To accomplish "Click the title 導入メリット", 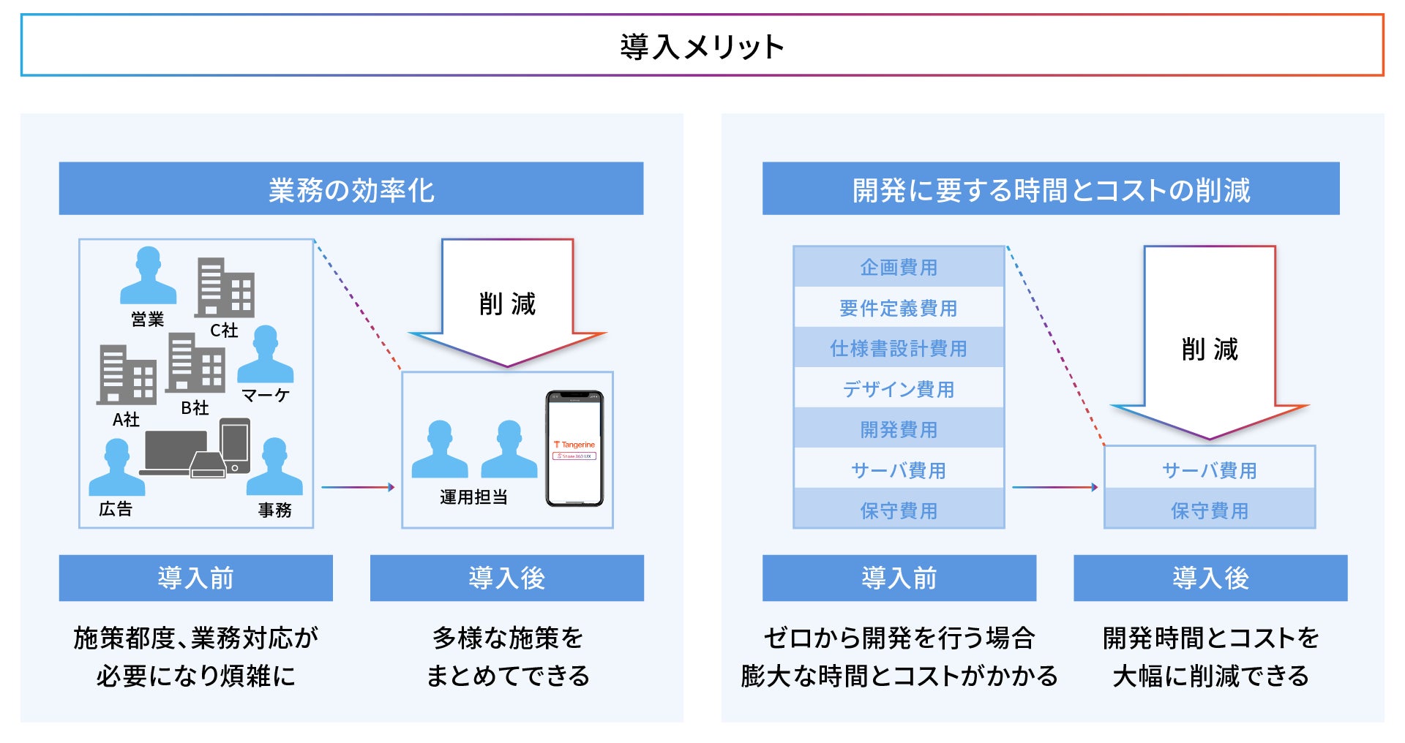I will [702, 46].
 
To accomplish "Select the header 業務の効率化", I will [351, 189].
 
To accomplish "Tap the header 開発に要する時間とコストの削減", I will [1051, 189].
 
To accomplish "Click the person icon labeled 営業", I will [148, 276].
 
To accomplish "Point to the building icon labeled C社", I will [224, 288].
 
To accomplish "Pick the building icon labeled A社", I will [127, 374].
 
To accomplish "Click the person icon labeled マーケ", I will [265, 355].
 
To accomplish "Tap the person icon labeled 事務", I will [274, 467].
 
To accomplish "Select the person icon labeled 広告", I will [116, 468].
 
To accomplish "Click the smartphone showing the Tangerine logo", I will [574, 448].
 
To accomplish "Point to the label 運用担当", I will [473, 497].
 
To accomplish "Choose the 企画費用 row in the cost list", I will [899, 267].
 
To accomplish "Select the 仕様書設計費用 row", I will [899, 348].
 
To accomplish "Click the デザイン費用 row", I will [899, 389].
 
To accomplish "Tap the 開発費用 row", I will [899, 429].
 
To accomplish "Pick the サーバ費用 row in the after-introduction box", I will [1209, 469].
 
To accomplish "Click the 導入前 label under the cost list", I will [899, 578].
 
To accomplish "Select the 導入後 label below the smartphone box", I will [506, 578].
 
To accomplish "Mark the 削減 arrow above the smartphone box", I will [507, 303].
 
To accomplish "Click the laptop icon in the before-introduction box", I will [176, 452].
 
